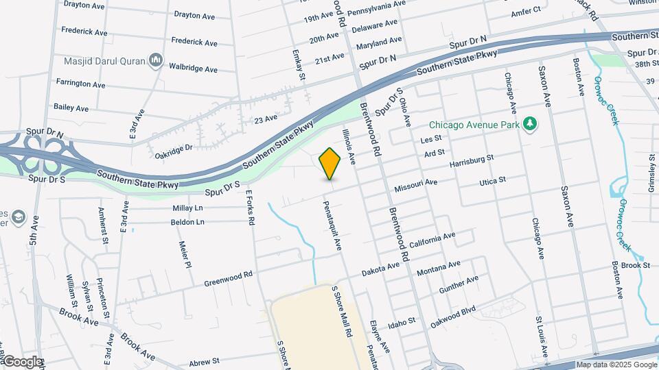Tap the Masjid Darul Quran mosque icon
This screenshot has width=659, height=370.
pyautogui.click(x=156, y=62)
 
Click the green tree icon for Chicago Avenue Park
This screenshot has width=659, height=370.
pyautogui.click(x=529, y=124)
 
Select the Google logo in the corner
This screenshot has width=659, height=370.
pyautogui.click(x=22, y=362)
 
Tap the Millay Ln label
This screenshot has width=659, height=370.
pyautogui.click(x=189, y=208)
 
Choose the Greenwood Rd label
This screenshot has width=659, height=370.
pyautogui.click(x=229, y=279)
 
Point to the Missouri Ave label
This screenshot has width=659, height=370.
pyautogui.click(x=415, y=186)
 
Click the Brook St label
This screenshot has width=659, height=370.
pyautogui.click(x=636, y=264)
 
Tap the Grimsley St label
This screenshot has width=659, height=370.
pyautogui.click(x=651, y=172)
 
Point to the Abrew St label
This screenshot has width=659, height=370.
pyautogui.click(x=204, y=360)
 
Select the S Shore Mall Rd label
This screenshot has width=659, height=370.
pyautogui.click(x=343, y=310)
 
